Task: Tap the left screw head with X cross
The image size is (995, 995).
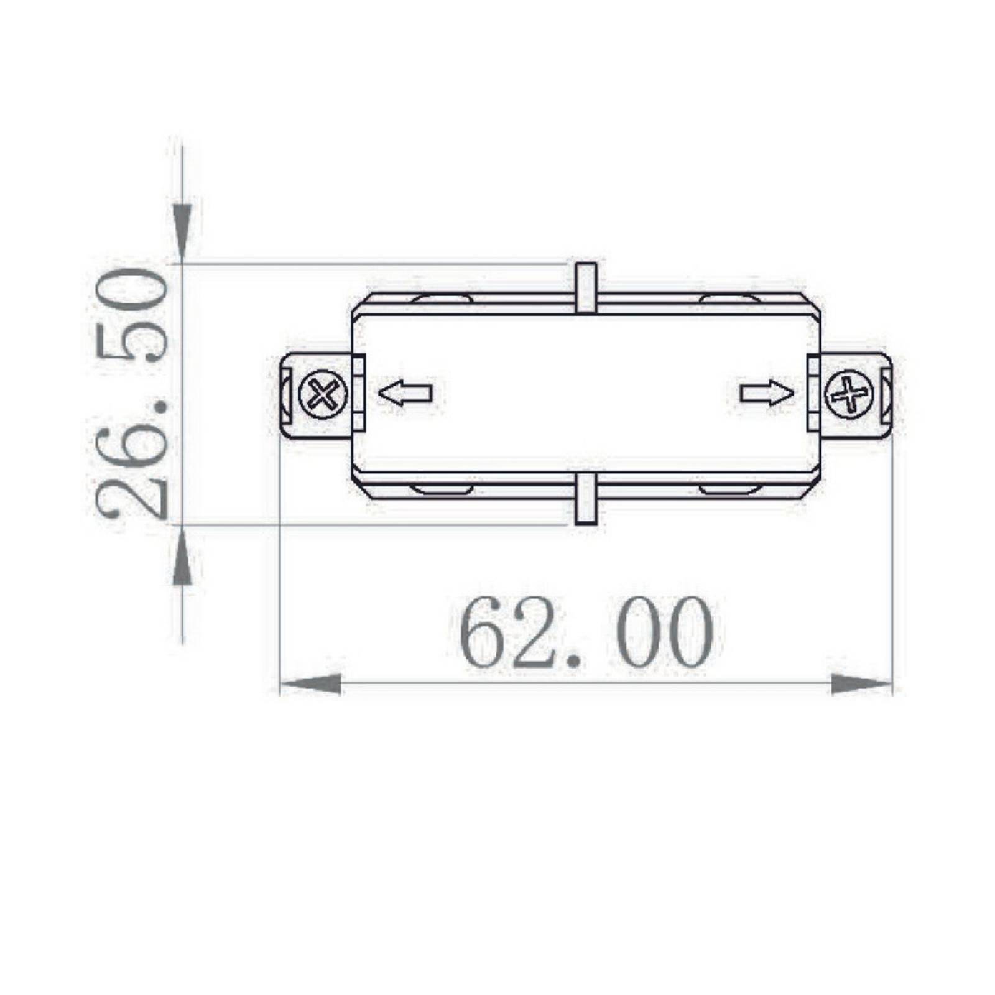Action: [x=323, y=394]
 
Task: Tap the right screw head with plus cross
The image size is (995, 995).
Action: [x=849, y=394]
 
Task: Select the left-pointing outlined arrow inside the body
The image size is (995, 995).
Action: [x=405, y=394]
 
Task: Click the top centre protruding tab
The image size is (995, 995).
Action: [x=586, y=287]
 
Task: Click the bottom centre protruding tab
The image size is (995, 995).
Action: [x=586, y=499]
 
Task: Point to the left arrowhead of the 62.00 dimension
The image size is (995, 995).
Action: [x=310, y=684]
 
